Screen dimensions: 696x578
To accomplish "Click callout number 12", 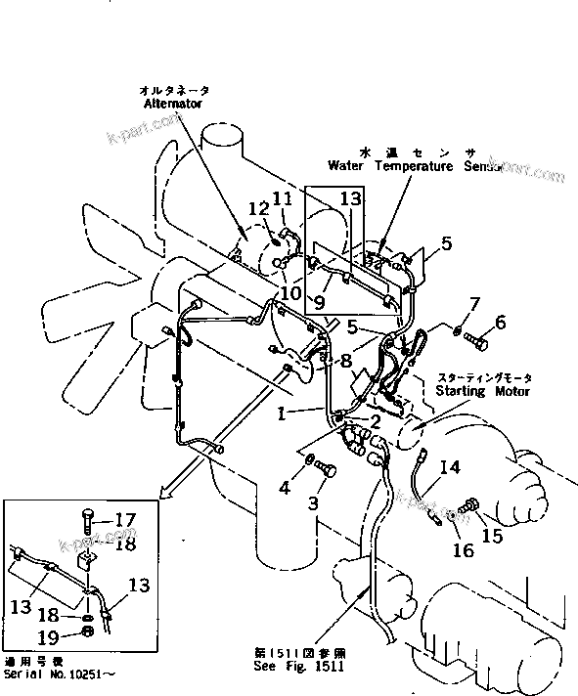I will (x=257, y=208).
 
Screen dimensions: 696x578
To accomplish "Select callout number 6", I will (x=499, y=322).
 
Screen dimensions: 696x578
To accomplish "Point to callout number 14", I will (x=450, y=467).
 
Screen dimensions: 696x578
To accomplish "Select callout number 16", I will (x=463, y=550).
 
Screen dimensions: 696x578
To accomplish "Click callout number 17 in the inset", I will (x=126, y=520).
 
